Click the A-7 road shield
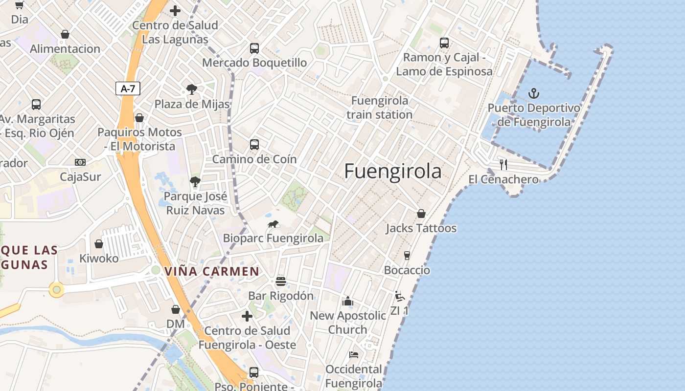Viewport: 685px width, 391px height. click(x=128, y=88)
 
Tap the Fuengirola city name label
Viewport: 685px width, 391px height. click(x=392, y=172)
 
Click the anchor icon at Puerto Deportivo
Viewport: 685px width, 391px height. click(x=534, y=93)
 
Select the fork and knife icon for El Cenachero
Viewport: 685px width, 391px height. click(x=503, y=164)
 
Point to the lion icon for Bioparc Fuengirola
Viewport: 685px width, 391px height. click(x=273, y=224)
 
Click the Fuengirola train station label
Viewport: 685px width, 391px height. click(x=380, y=108)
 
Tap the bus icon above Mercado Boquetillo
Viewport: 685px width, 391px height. click(x=254, y=48)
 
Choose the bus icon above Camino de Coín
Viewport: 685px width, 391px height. click(x=254, y=144)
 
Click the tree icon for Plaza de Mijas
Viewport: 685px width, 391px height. click(x=192, y=89)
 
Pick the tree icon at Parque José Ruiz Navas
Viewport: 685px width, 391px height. click(x=195, y=182)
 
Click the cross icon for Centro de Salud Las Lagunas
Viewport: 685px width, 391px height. click(x=175, y=10)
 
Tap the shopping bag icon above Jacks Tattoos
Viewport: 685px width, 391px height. click(x=421, y=214)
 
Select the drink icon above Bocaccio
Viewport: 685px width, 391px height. click(x=407, y=255)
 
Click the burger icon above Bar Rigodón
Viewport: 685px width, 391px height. click(x=281, y=281)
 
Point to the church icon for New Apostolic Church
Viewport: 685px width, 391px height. click(x=348, y=301)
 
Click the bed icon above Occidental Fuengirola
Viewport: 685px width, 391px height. click(x=354, y=354)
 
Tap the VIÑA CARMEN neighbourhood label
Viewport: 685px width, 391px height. click(x=212, y=271)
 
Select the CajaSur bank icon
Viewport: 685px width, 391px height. click(x=80, y=162)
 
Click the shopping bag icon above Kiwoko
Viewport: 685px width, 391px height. click(x=99, y=243)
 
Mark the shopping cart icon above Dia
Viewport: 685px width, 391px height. click(x=19, y=5)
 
